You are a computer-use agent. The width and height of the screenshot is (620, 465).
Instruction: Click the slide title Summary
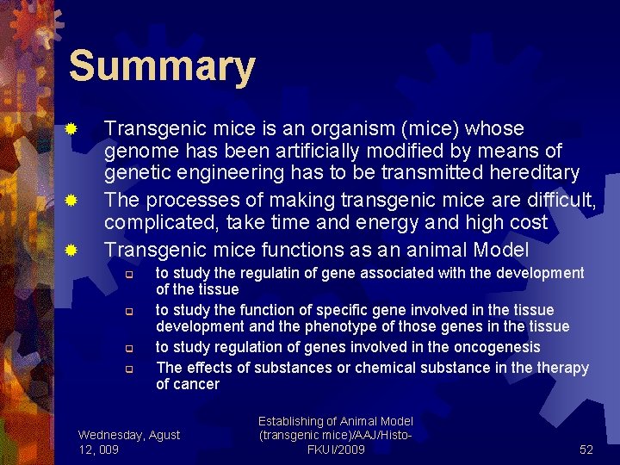pyautogui.click(x=162, y=66)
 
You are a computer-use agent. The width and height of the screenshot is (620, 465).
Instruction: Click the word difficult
pyautogui.click(x=559, y=200)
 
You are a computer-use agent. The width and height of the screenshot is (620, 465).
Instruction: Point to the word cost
pyautogui.click(x=528, y=222)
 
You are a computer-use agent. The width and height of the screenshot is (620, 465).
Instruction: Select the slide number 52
pyautogui.click(x=586, y=449)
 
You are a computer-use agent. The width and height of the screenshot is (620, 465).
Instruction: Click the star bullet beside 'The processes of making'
pyautogui.click(x=73, y=201)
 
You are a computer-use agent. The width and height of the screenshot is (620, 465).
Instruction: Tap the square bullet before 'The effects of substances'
pyautogui.click(x=126, y=369)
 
